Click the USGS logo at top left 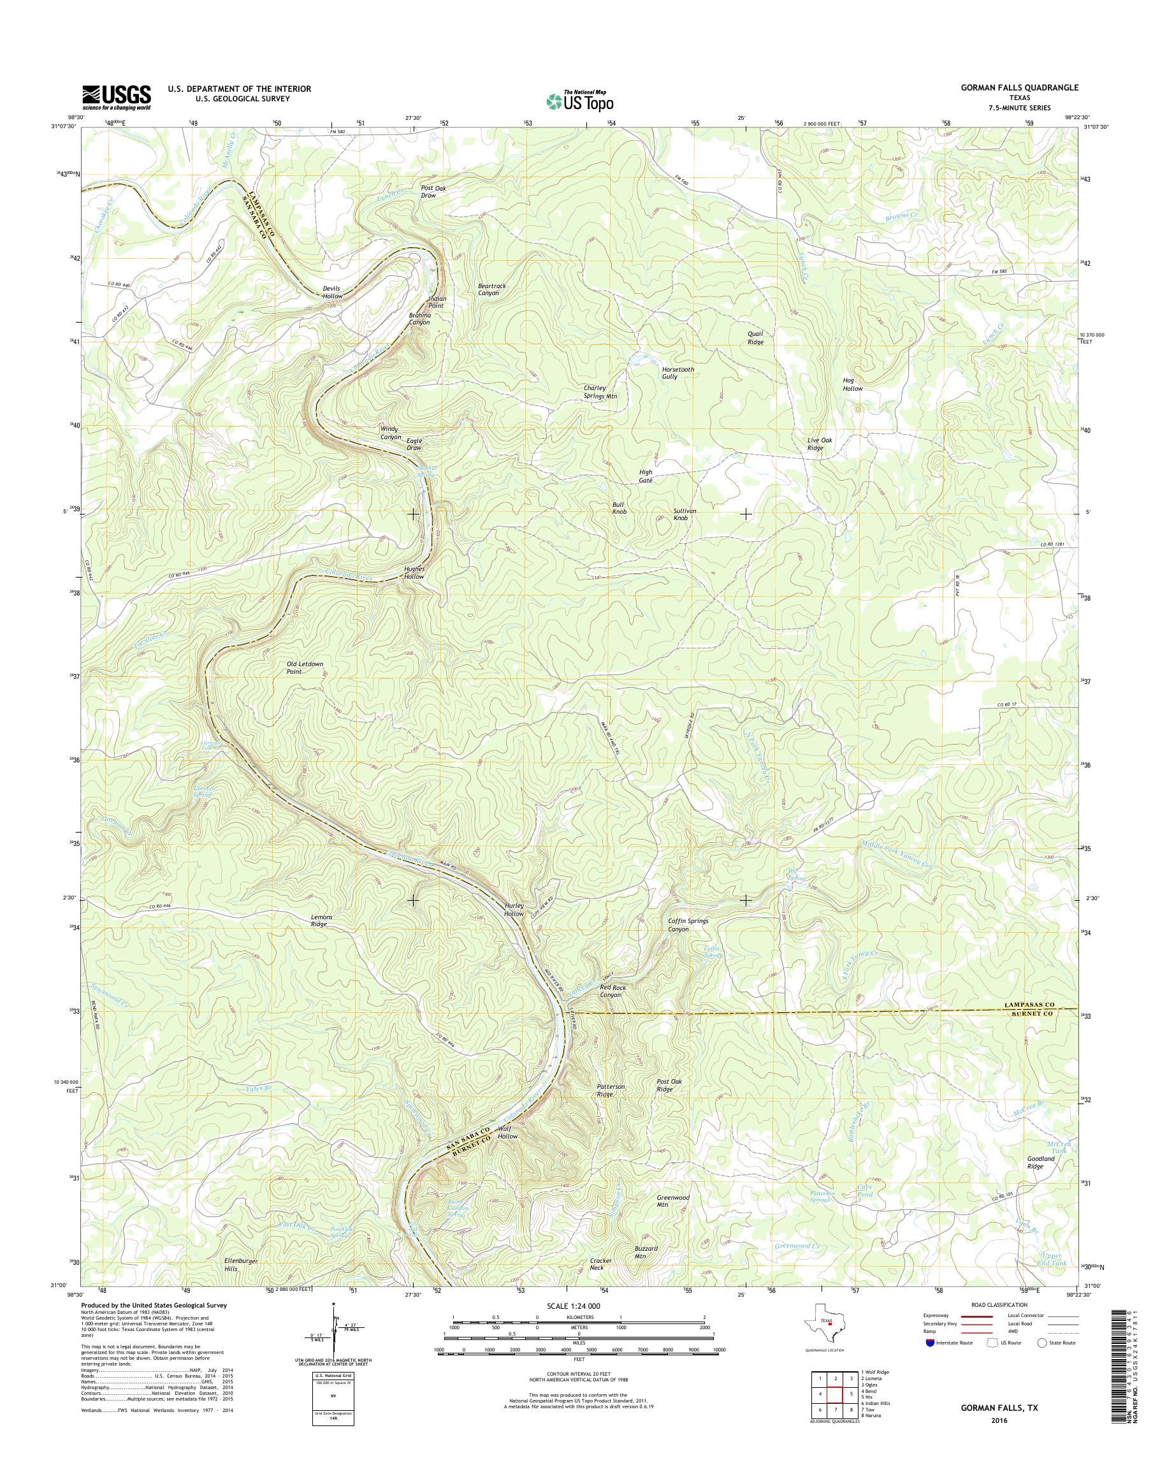(116, 98)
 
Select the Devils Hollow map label (332, 292)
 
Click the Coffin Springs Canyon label (688, 924)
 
